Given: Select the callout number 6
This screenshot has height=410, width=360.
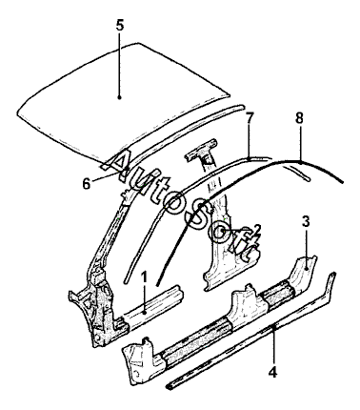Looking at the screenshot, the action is point(87,184).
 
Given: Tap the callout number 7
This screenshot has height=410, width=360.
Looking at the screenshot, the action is point(250,119).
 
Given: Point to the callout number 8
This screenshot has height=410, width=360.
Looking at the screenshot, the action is point(299,119).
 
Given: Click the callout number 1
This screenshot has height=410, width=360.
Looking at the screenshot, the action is point(145,277).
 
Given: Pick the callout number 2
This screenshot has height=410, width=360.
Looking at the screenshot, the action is point(257,229).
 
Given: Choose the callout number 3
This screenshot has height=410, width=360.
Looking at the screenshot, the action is point(306,222).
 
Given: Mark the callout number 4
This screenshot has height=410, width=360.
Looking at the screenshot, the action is point(272,372).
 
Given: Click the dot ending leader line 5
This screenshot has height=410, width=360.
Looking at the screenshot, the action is point(119,97).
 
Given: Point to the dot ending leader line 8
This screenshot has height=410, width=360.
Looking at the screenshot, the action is point(301,162).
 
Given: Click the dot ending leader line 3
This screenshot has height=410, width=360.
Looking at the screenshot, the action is point(306,269).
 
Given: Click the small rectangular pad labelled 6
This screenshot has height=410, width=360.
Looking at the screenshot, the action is point(110,163).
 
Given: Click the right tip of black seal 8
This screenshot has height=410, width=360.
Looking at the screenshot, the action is point(343,182).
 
